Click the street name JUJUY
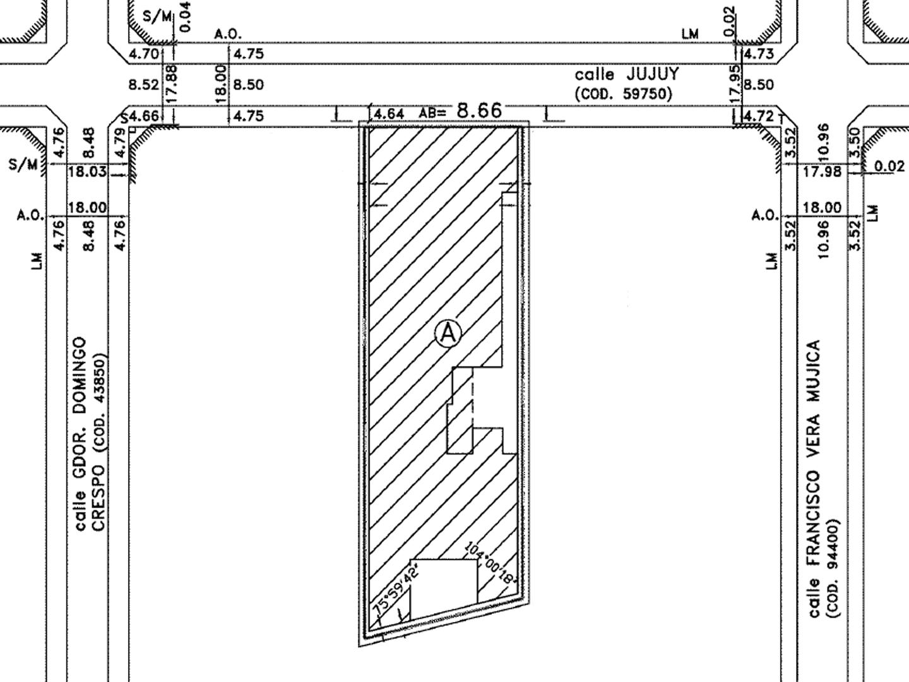point(653,74)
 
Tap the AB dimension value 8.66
point(479,111)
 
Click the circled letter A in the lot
point(448,333)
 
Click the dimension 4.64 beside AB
point(389,114)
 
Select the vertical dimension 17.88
point(172,84)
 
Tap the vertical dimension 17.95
point(735,85)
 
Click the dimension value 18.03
point(87,171)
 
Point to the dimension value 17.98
point(822,171)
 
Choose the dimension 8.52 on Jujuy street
point(144,85)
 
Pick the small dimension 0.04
point(186,16)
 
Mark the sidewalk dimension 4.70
point(144,54)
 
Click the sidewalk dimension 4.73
point(759,54)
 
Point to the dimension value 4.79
point(119,143)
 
